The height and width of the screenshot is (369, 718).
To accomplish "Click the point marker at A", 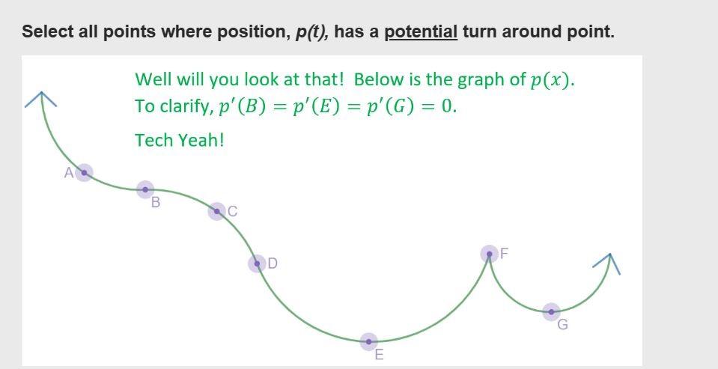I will (84, 173).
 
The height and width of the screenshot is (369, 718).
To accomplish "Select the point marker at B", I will (145, 189).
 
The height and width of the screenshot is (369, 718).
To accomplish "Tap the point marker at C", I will (216, 211).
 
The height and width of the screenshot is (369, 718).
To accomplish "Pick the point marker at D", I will (257, 263).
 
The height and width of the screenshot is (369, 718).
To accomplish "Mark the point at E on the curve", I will (368, 341).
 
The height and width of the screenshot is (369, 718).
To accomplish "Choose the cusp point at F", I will (489, 254).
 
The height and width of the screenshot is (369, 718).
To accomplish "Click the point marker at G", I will (551, 311).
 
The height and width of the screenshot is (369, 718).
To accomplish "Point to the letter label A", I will (69, 173).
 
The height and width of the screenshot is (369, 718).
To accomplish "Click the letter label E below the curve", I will (379, 355).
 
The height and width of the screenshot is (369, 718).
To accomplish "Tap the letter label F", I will (504, 253).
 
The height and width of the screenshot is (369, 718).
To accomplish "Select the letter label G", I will (563, 325).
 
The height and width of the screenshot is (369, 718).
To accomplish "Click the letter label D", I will (273, 263).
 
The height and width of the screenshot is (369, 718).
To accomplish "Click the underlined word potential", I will (421, 32).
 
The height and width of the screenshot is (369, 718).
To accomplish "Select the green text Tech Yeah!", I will (180, 140).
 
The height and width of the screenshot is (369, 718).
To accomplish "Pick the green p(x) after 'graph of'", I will (552, 80).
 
